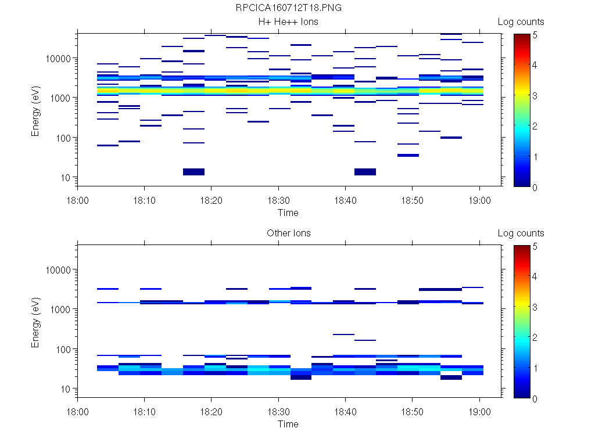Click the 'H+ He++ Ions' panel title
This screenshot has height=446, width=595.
coord(288,22)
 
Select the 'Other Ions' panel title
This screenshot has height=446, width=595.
coord(288,233)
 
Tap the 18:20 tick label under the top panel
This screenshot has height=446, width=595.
coord(211,199)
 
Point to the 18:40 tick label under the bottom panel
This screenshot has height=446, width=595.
coord(345,411)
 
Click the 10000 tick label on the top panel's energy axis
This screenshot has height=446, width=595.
coord(58,59)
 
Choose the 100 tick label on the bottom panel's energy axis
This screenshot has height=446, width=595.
coord(63,350)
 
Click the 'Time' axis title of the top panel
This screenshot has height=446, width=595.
coord(288,213)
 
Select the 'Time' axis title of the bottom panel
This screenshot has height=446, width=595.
coord(288,424)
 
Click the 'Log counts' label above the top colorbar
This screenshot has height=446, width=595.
coord(521,22)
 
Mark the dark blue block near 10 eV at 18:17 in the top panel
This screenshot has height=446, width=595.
coord(193,171)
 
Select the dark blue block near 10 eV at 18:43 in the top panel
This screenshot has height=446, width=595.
coord(365,171)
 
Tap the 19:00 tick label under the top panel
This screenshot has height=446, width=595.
coord(479,199)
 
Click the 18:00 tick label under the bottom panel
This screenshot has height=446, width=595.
coord(77,411)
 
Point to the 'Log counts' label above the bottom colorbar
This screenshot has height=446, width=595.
coord(521,233)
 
